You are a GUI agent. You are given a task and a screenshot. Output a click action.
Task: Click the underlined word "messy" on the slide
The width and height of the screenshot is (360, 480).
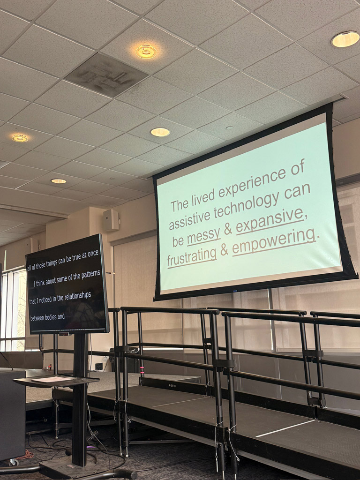point(203,236)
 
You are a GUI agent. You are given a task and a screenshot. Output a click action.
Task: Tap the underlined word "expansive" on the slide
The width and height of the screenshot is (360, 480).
point(270,222)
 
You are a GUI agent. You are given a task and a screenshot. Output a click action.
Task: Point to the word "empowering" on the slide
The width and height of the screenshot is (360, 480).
point(273,241)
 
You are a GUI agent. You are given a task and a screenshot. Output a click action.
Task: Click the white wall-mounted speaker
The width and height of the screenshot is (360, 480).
point(111,220)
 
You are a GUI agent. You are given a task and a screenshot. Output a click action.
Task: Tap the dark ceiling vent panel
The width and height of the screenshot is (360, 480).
point(106,75)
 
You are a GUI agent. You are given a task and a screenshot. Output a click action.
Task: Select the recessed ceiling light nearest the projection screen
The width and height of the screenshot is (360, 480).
point(160,132)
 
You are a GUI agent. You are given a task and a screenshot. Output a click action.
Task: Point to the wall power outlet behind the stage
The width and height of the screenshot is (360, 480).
point(98,366)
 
